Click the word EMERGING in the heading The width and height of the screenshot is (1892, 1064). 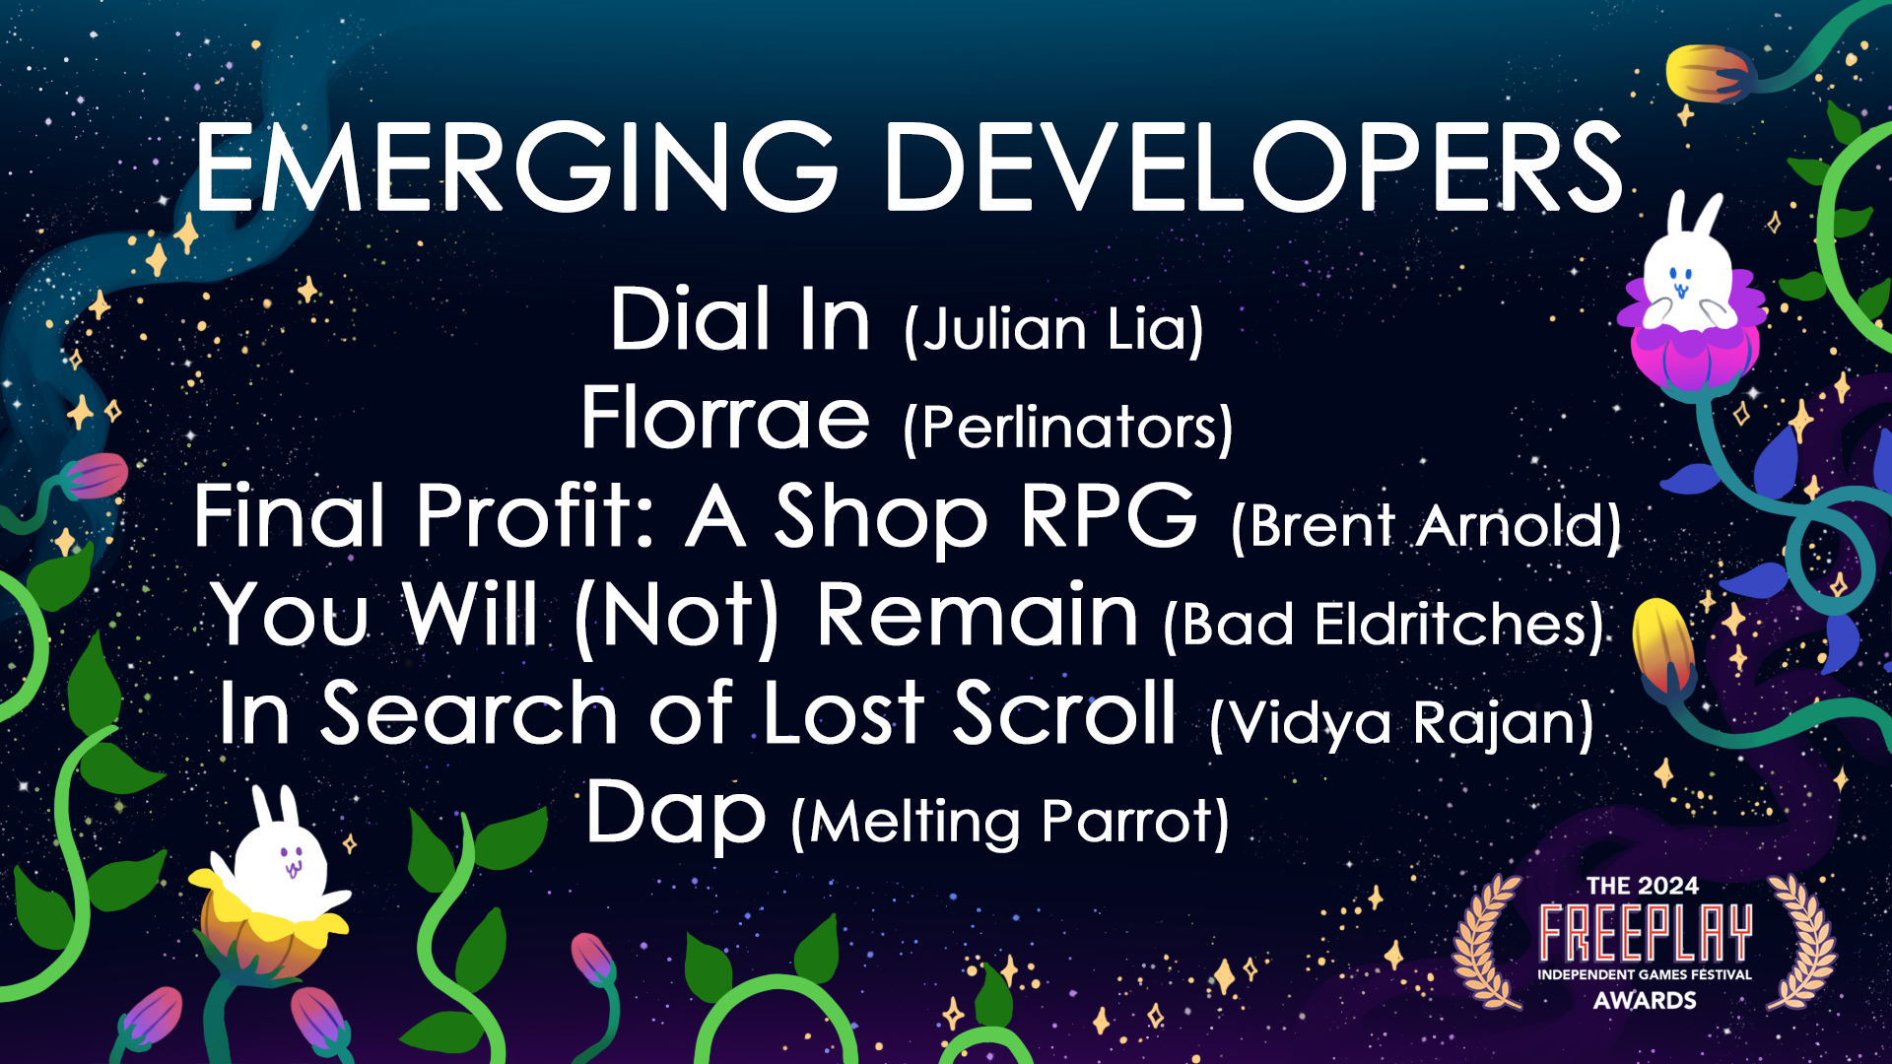click(x=514, y=167)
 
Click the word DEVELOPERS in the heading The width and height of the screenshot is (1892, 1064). click(x=1253, y=167)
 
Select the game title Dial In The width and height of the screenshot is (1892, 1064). click(x=740, y=320)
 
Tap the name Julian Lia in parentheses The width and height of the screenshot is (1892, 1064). click(x=1053, y=329)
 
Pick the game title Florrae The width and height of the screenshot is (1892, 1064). click(x=725, y=419)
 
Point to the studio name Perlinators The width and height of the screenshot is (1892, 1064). click(x=1068, y=428)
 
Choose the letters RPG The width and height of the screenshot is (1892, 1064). click(x=1109, y=516)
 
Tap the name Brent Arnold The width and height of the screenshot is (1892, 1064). click(x=1426, y=526)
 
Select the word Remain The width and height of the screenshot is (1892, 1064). click(x=978, y=615)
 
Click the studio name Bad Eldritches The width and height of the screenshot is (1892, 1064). click(x=1384, y=625)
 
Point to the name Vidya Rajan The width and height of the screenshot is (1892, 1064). click(x=1401, y=723)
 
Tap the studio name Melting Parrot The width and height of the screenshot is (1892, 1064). click(x=1010, y=822)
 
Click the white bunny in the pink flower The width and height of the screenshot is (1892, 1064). click(x=1687, y=271)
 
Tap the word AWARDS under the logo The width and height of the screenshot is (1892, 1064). click(x=1645, y=1000)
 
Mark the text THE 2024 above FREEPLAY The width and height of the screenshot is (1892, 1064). click(x=1643, y=886)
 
